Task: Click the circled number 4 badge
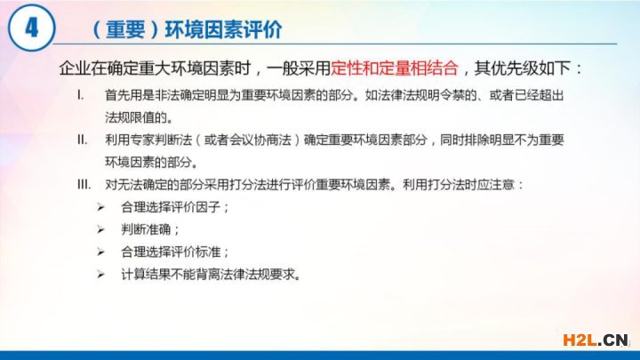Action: click(x=31, y=28)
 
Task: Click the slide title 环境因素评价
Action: click(x=223, y=29)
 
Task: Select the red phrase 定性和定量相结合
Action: click(x=395, y=68)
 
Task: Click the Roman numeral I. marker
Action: click(x=81, y=95)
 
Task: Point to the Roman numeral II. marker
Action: click(x=82, y=140)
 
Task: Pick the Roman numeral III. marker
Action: click(x=84, y=185)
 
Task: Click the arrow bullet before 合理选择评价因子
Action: click(x=100, y=208)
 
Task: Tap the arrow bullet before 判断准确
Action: click(x=100, y=230)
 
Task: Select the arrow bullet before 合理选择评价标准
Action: click(x=100, y=252)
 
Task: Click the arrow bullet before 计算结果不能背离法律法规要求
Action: click(x=100, y=275)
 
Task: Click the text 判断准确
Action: click(x=146, y=230)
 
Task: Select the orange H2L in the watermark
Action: click(x=580, y=340)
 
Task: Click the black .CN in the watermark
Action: click(x=613, y=340)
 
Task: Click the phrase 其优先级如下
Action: click(x=522, y=68)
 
